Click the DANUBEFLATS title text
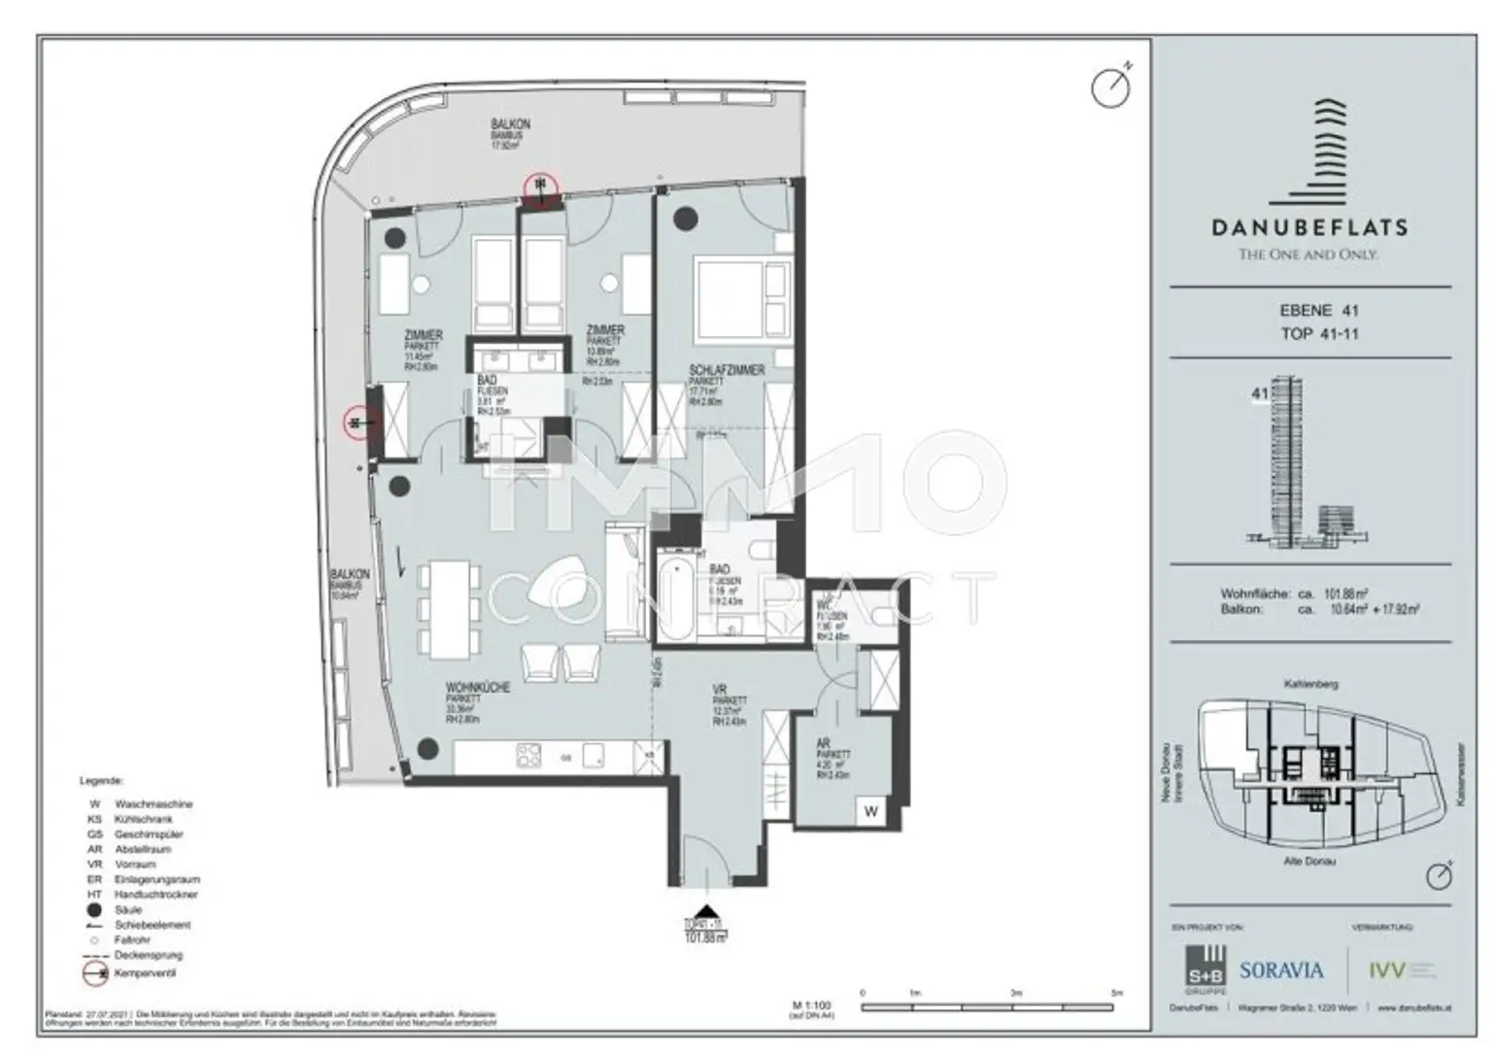(x=1308, y=228)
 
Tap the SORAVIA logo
(x=1281, y=969)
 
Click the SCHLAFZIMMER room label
(x=726, y=370)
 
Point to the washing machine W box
(x=870, y=811)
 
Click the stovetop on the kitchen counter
(x=528, y=755)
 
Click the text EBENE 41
(x=1318, y=311)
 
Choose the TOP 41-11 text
(x=1318, y=334)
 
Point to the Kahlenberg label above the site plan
(x=1310, y=684)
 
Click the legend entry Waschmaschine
(x=153, y=804)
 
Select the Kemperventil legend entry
(x=146, y=971)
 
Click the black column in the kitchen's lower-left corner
(x=426, y=748)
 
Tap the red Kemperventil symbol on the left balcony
(x=358, y=423)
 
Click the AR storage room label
(x=824, y=743)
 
